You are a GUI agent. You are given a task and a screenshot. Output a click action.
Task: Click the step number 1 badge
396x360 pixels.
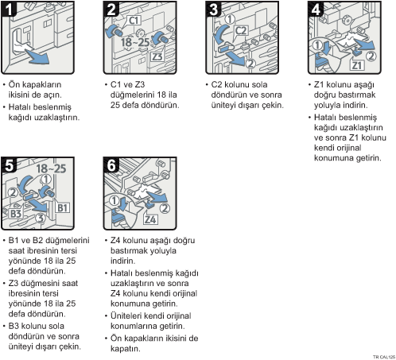coord(9,9)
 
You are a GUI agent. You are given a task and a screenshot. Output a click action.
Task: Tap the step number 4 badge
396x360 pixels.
coord(316,9)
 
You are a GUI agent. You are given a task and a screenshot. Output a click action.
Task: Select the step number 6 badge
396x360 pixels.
coord(111,165)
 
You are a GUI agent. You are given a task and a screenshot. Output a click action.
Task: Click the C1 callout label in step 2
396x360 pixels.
coord(134,21)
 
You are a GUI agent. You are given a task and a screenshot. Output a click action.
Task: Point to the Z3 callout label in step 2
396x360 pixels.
coord(157,56)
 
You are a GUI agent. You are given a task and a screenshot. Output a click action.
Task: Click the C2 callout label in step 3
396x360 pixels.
coord(241,31)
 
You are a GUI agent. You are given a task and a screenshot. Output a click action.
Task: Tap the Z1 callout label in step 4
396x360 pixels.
coord(357,65)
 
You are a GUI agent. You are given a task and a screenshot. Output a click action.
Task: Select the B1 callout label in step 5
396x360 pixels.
coord(63,208)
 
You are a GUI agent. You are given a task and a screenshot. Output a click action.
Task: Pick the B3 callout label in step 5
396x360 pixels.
coord(16,214)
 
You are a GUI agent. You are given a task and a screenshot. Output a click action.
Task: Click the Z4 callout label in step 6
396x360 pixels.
coord(150,219)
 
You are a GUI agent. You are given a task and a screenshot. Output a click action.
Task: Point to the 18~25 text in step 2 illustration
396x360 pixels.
coord(135,42)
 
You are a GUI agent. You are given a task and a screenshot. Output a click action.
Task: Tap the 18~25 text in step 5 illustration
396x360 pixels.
coord(51,168)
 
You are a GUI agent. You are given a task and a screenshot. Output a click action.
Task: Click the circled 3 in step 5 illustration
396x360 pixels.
coord(41,219)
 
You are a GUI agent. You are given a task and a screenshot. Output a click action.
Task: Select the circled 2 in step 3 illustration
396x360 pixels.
coord(250,64)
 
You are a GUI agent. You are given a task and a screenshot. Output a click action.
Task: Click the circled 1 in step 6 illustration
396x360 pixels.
coord(115,200)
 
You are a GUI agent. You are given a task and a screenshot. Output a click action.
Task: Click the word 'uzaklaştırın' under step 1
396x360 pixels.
coord(57,117)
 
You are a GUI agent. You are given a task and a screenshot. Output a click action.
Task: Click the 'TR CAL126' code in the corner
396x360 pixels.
coord(384,357)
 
